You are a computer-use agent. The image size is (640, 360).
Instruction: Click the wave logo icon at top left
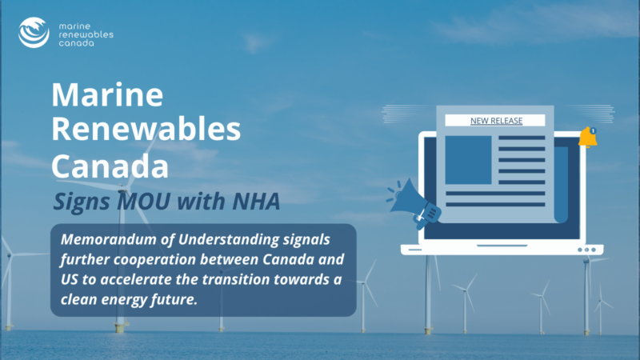point(34,33)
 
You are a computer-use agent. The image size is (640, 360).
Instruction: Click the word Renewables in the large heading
point(146,129)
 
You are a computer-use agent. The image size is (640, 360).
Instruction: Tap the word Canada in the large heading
point(110,166)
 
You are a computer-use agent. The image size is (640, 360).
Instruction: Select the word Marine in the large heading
point(107,94)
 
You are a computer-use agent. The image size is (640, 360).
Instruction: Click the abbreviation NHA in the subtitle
point(256,201)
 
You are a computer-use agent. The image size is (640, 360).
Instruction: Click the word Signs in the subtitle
point(82,202)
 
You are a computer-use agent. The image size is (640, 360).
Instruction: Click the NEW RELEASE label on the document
point(496,121)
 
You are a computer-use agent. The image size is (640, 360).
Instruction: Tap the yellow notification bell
point(588,137)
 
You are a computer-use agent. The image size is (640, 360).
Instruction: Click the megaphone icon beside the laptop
point(414,203)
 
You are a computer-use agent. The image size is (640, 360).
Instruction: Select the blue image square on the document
point(468,160)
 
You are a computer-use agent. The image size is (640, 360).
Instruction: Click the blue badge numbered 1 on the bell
point(593,130)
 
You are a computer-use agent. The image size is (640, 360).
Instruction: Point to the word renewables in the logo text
point(86,34)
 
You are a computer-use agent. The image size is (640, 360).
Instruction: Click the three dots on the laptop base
point(587,250)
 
